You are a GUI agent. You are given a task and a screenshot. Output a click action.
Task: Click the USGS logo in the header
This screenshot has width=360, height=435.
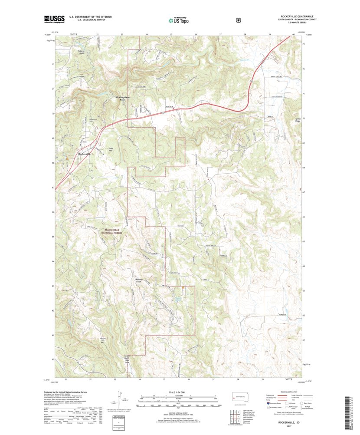click(x=54, y=18)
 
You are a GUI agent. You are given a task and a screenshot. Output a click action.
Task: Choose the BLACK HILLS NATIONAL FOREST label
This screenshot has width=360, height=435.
click(x=112, y=231)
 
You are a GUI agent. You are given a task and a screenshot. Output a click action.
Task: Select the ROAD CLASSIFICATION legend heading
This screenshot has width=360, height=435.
click(x=283, y=391)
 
